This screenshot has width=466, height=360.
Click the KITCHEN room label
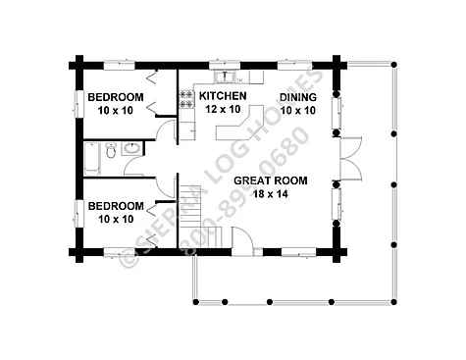(223, 96)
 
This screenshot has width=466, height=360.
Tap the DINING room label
(298, 97)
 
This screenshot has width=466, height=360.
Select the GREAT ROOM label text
(271, 180)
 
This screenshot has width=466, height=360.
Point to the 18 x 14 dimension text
(271, 194)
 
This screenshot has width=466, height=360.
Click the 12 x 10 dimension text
(223, 109)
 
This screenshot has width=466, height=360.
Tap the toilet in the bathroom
(111, 151)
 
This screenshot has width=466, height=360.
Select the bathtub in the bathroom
(91, 158)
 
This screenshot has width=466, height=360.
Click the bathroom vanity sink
(131, 148)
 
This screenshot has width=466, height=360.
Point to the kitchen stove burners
(186, 99)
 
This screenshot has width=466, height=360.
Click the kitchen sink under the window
(225, 77)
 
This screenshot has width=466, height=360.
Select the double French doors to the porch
(350, 159)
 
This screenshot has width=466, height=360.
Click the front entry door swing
(242, 239)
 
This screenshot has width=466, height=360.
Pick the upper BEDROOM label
(116, 97)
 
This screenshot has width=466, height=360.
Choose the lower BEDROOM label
(116, 206)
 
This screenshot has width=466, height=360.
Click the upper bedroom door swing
(166, 130)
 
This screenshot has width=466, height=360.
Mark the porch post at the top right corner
(394, 65)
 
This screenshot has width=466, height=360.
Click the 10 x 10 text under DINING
(298, 111)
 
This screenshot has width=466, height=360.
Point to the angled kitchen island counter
(239, 123)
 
